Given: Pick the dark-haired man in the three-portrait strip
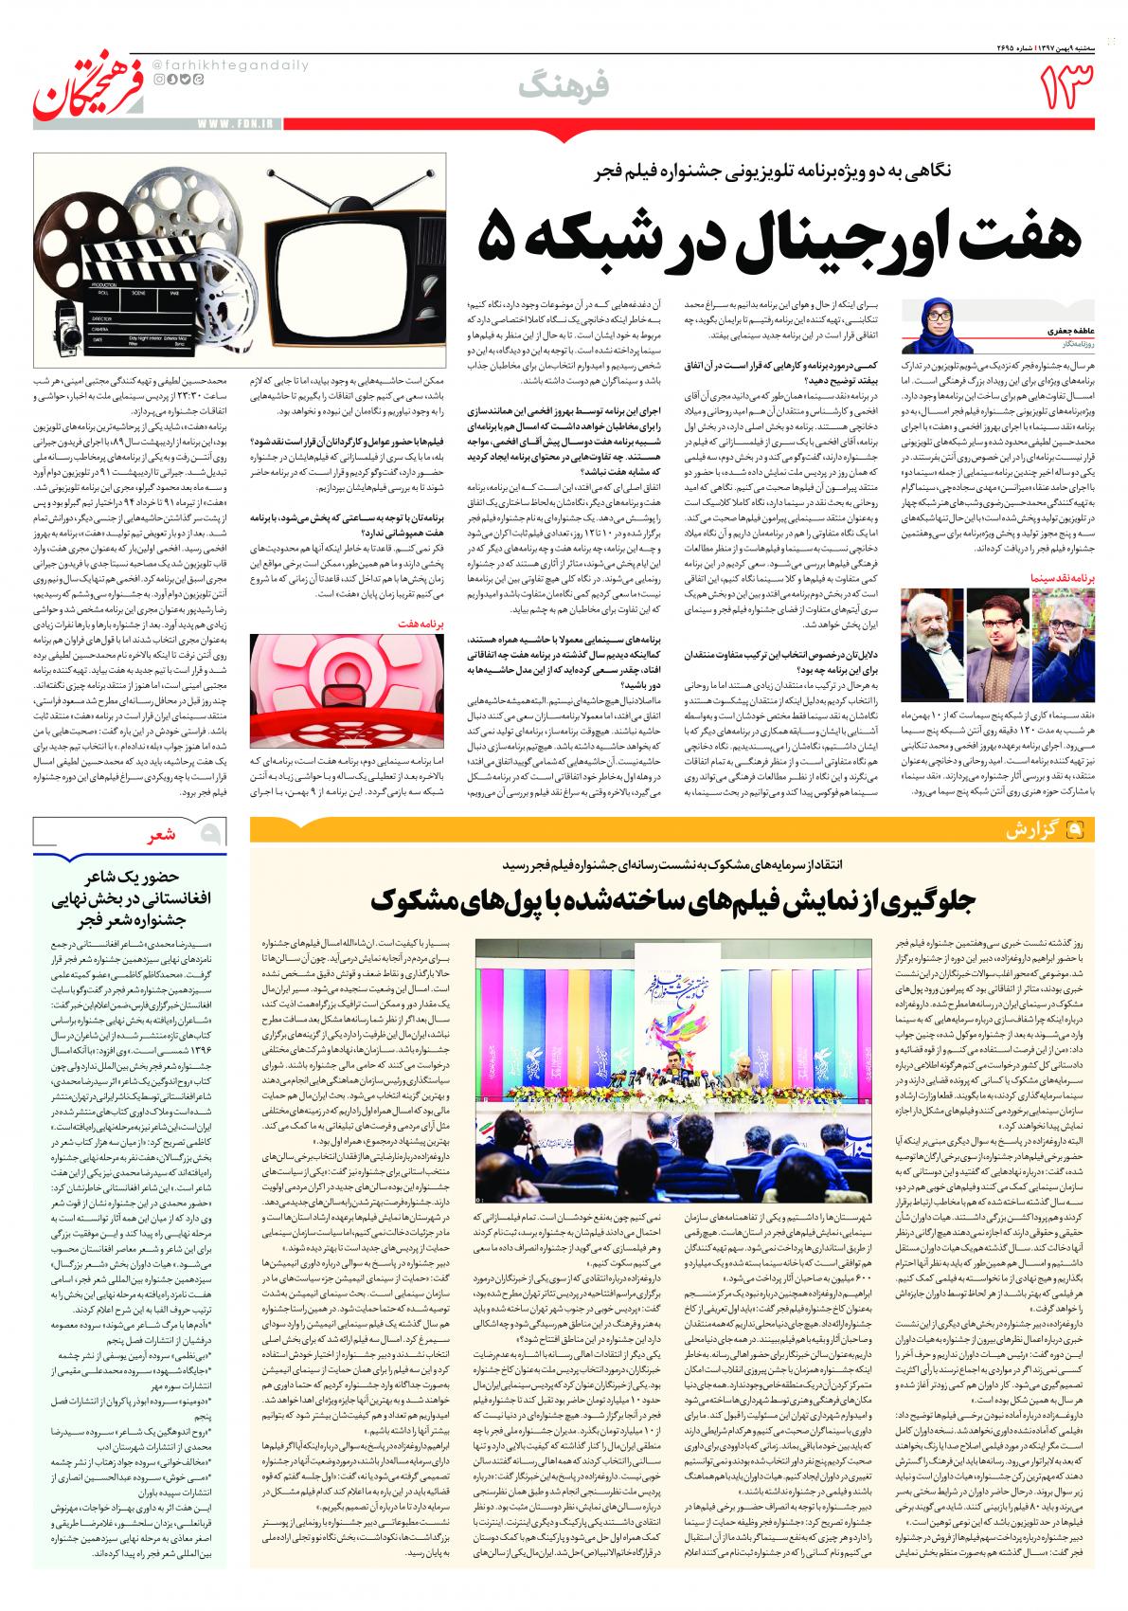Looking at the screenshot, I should (x=994, y=624).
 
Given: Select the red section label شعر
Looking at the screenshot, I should (x=160, y=835).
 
